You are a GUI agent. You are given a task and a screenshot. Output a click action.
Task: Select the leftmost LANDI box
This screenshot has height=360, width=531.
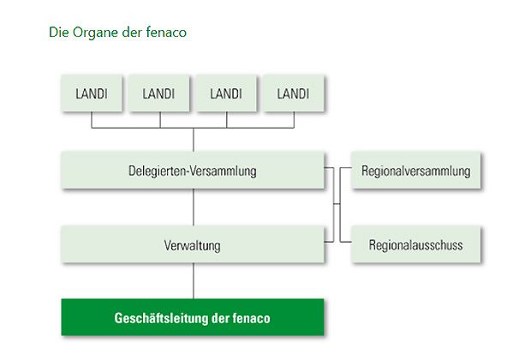click(91, 93)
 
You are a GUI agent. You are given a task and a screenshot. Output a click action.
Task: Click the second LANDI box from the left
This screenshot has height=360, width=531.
click(158, 93)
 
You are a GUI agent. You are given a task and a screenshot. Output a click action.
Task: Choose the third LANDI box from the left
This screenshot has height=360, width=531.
click(226, 93)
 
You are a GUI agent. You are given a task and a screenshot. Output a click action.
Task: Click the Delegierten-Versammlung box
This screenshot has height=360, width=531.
click(193, 171)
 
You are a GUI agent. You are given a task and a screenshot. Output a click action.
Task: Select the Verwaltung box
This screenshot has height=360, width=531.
click(193, 245)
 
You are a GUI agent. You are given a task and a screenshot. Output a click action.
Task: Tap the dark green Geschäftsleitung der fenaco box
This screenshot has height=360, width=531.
click(193, 317)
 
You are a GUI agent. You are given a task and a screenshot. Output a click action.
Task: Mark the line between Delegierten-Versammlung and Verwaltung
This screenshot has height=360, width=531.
click(194, 208)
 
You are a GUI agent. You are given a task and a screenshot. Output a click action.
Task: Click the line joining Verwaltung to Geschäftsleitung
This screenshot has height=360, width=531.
click(194, 281)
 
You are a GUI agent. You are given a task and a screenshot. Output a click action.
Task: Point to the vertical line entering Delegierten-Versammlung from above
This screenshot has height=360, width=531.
click(194, 140)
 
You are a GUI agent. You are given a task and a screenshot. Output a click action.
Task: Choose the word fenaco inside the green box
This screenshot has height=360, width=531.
click(252, 318)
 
